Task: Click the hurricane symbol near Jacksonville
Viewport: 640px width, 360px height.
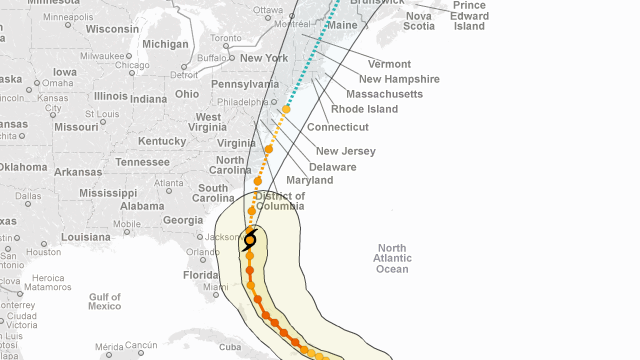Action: point(250,239)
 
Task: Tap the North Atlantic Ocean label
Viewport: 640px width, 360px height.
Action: point(392,258)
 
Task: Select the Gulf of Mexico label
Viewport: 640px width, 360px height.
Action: point(104,301)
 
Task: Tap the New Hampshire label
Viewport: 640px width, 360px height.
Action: point(399,79)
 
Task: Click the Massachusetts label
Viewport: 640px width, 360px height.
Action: point(385,94)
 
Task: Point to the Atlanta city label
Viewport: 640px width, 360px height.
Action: point(168,183)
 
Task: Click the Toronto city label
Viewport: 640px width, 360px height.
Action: point(227,38)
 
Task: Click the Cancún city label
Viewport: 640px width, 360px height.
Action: point(141,345)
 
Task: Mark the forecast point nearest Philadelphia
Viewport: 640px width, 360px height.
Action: point(286,109)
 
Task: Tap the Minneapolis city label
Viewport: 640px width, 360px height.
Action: point(69,17)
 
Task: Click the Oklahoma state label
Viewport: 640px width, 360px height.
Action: point(22,167)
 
